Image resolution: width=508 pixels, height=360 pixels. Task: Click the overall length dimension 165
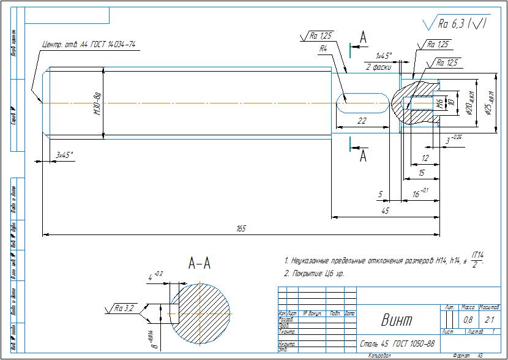241,229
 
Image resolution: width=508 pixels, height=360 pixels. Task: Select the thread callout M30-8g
97,104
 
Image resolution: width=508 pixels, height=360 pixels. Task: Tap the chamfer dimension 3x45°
64,156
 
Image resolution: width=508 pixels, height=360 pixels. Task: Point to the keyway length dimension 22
362,121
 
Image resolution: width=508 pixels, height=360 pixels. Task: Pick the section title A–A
200,264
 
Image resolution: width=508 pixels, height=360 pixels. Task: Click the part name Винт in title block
397,320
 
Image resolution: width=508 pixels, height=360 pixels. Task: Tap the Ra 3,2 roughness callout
124,309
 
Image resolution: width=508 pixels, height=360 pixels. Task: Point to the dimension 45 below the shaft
385,211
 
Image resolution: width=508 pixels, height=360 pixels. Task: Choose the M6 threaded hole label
439,102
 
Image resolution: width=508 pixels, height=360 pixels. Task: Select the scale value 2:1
489,320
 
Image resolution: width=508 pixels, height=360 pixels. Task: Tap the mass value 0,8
468,320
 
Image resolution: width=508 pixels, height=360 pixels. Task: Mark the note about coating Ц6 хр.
315,274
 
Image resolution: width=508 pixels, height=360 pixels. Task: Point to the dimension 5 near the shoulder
380,195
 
